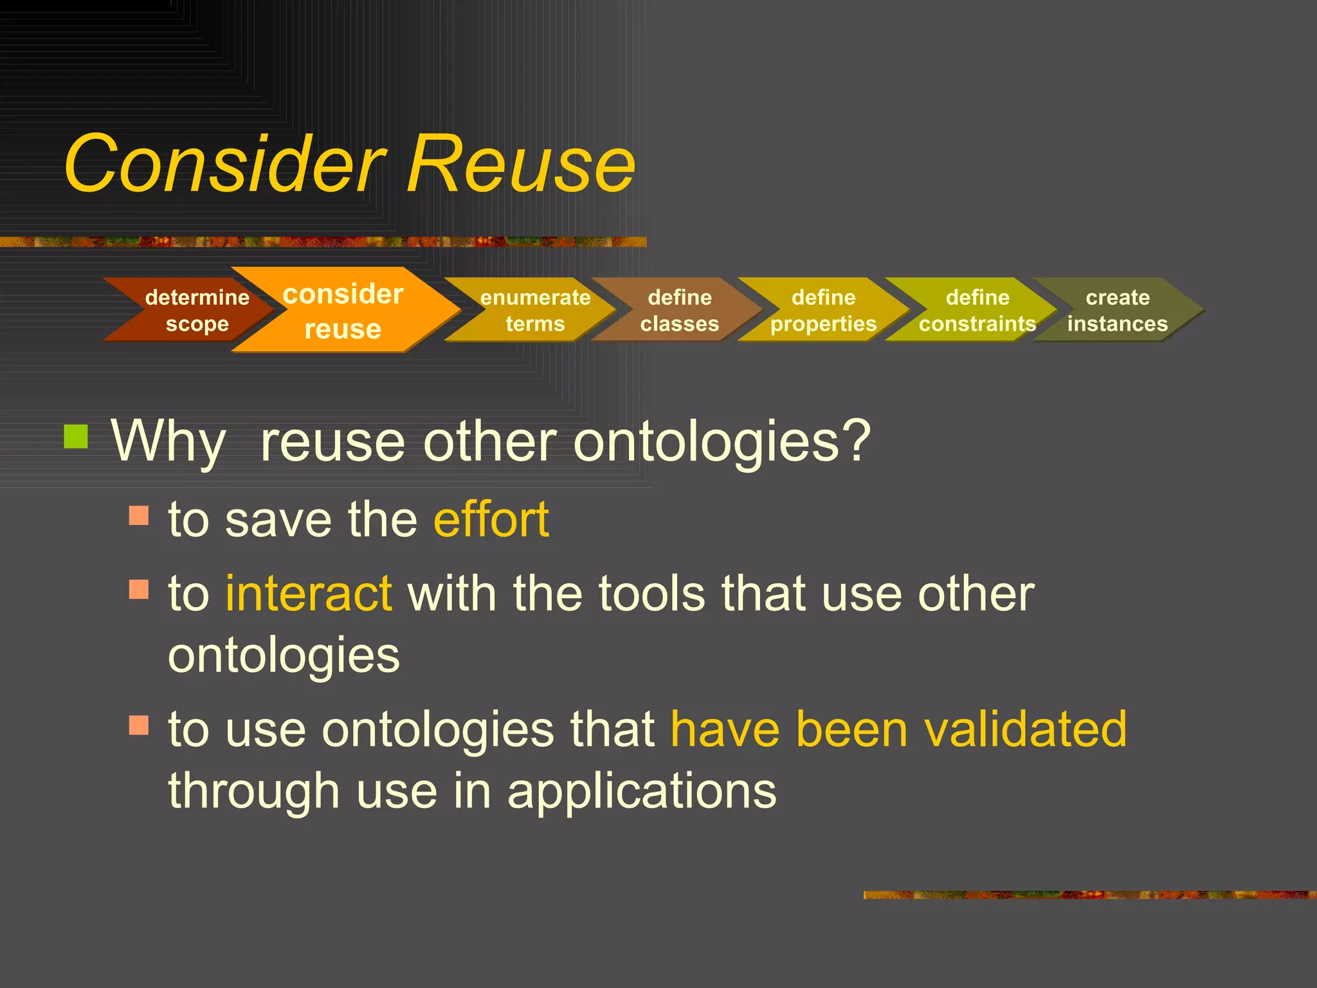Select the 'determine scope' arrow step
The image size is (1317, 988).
click(193, 310)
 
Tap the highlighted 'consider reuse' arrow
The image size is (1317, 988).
click(344, 311)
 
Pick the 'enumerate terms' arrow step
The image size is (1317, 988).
click(534, 310)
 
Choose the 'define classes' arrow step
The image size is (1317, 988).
click(679, 310)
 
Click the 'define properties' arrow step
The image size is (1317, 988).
click(823, 310)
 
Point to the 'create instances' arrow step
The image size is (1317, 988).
click(1118, 310)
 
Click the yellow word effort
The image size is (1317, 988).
click(491, 519)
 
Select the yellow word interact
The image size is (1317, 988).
click(309, 593)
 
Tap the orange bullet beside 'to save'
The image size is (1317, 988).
click(139, 515)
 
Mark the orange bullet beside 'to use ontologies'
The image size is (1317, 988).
click(139, 725)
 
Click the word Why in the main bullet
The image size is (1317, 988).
click(168, 442)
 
